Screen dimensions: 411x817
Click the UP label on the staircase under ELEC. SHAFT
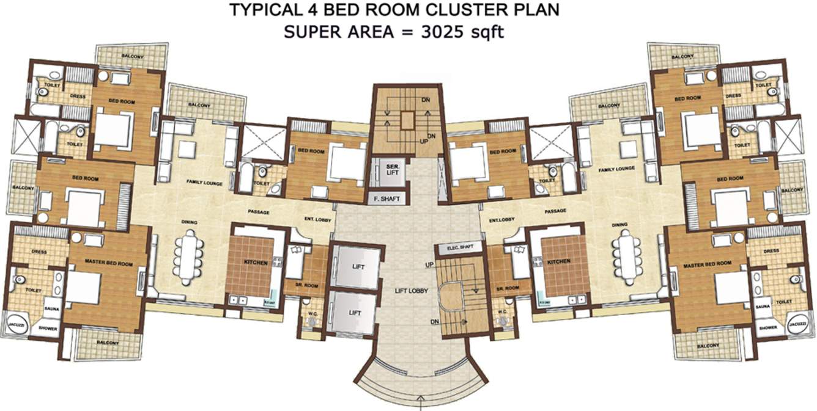pyautogui.click(x=429, y=264)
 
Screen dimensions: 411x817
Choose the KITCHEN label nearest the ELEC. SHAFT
pyautogui.click(x=559, y=261)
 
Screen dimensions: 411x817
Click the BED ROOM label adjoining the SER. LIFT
pyautogui.click(x=311, y=151)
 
